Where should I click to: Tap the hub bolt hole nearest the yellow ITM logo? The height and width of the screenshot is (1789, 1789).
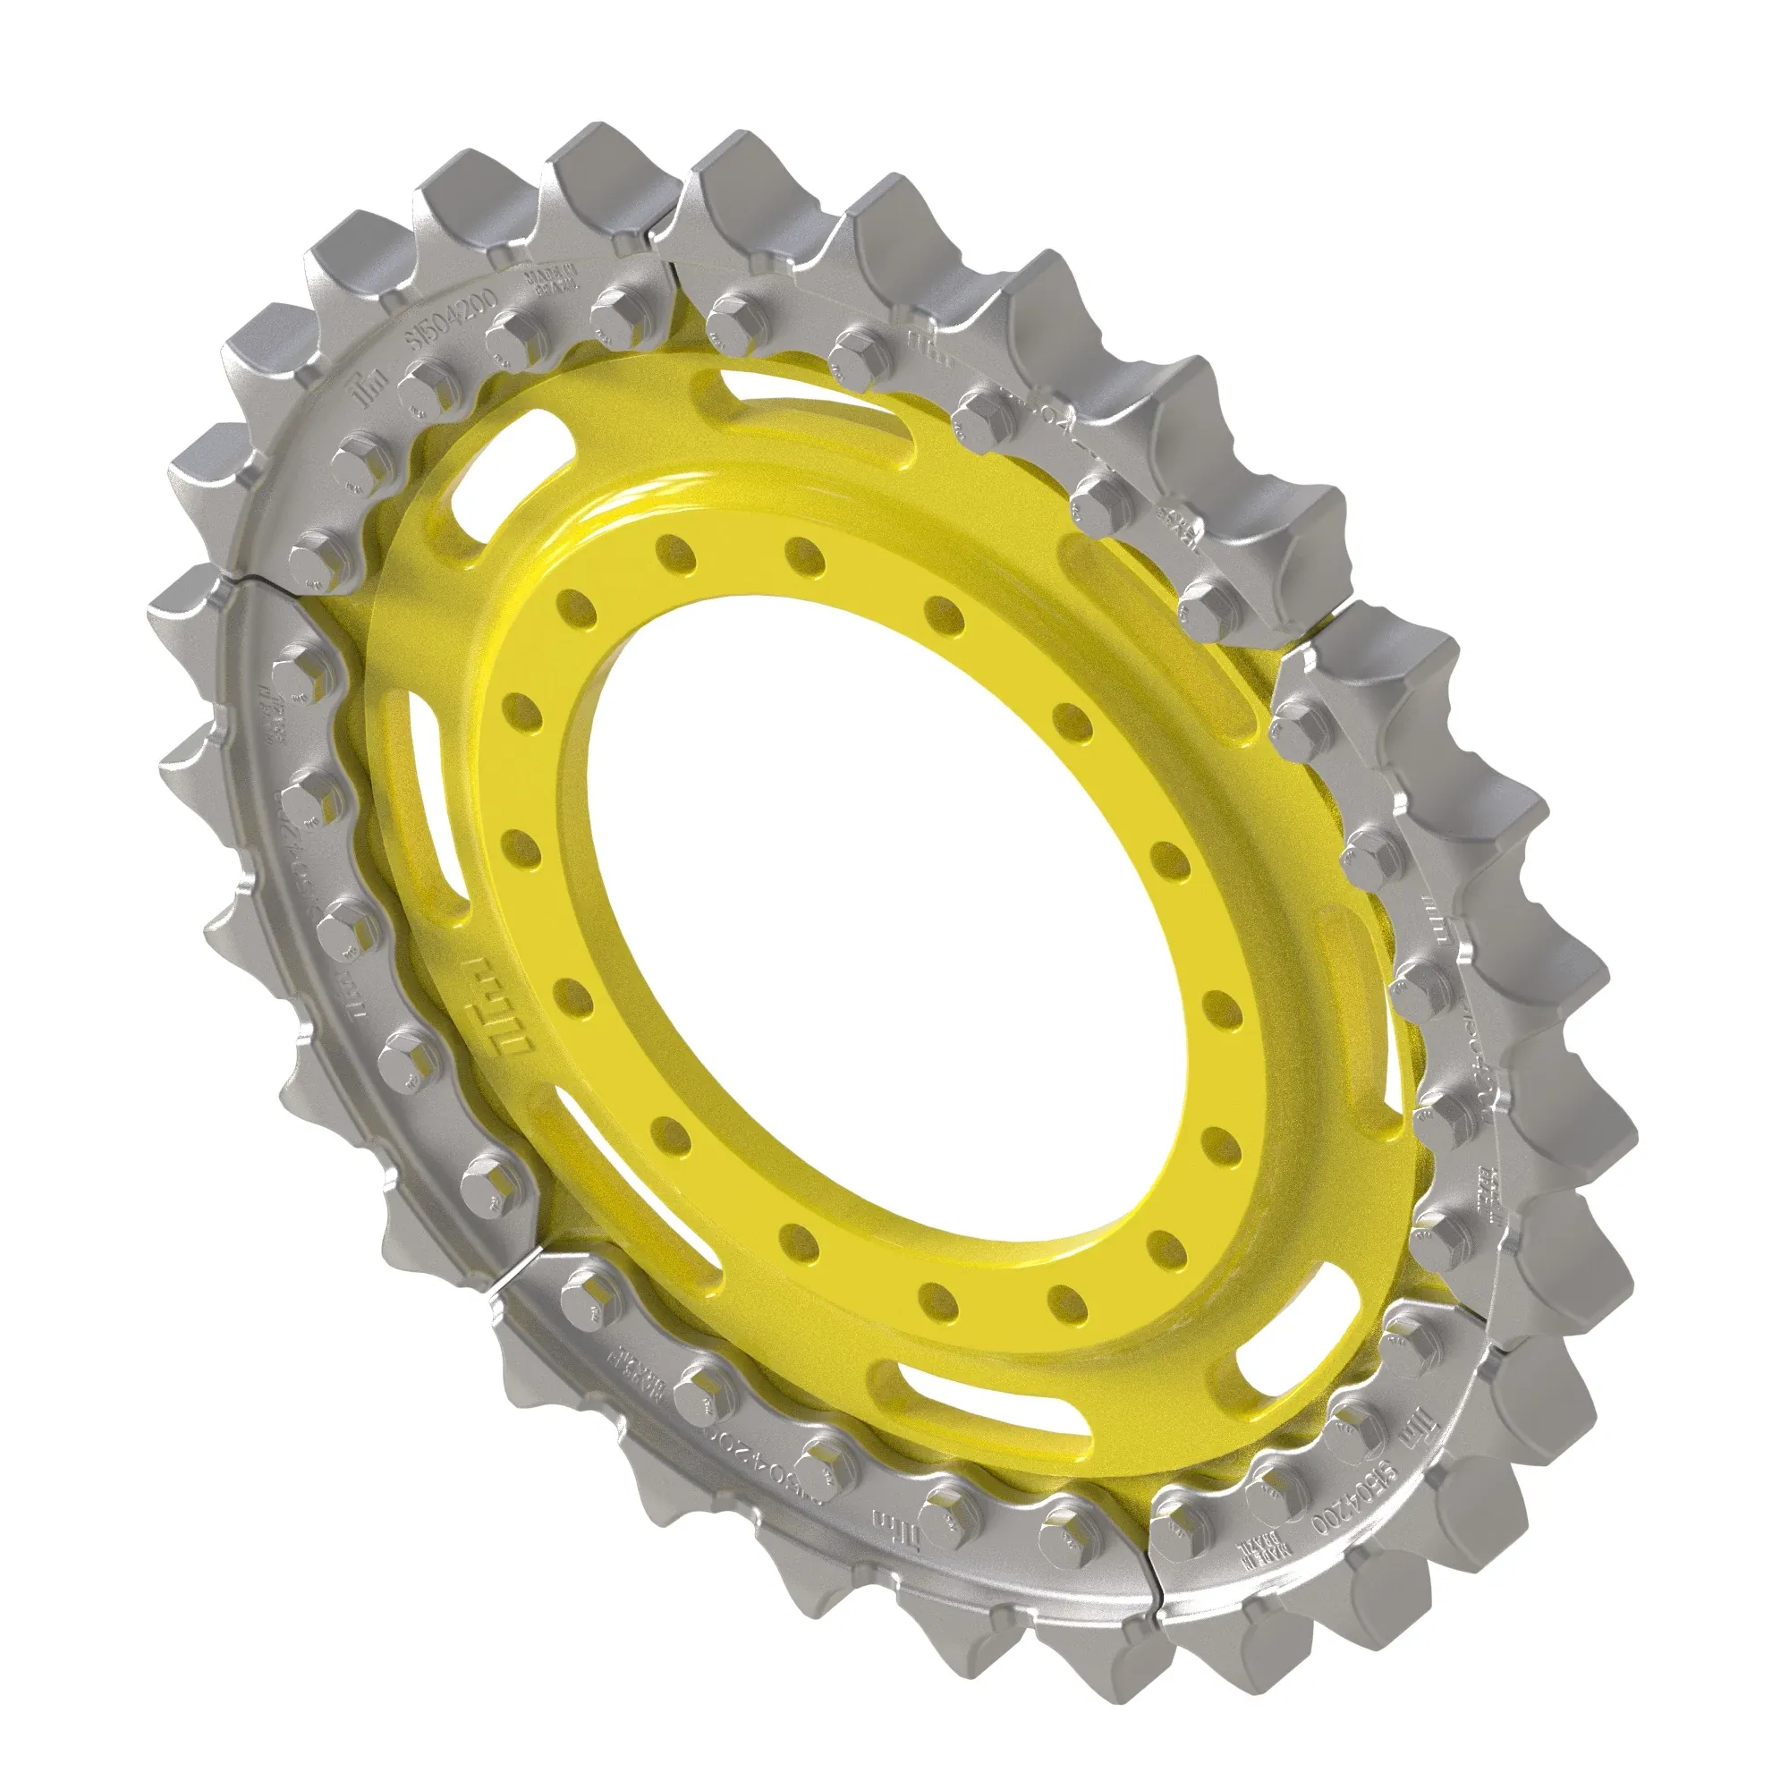coord(575,997)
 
